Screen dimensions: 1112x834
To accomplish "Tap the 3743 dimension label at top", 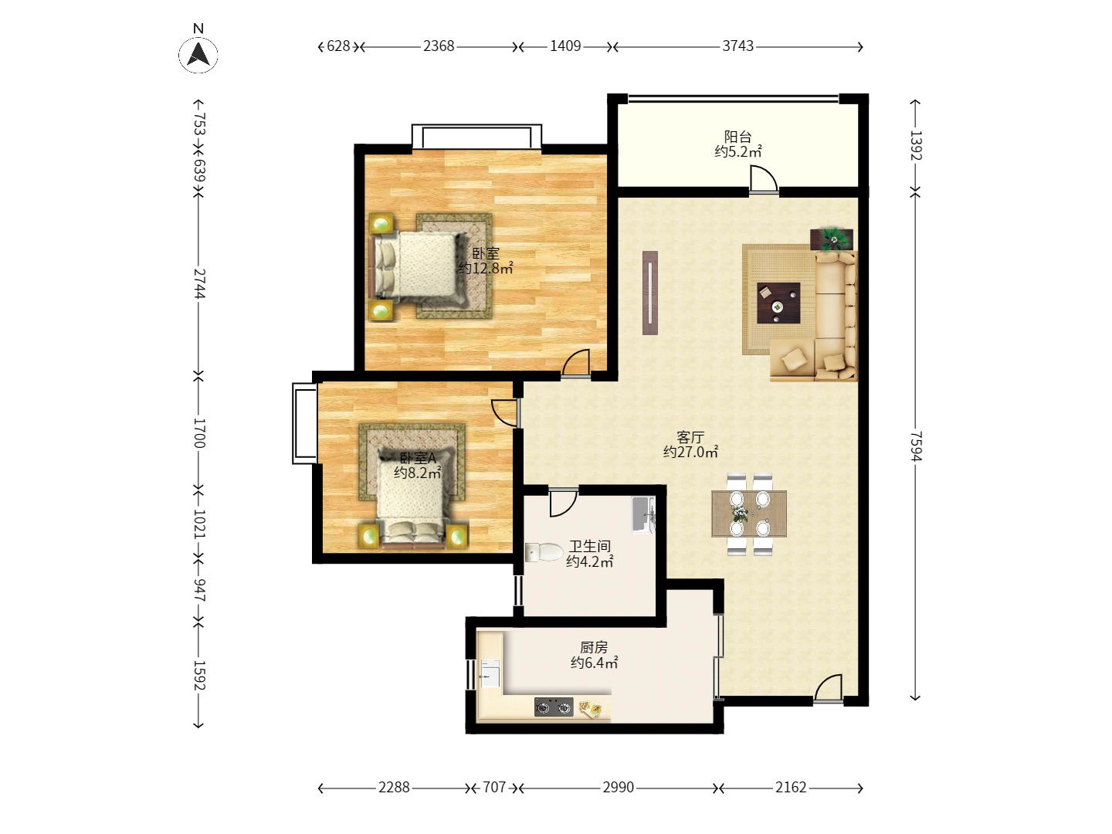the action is point(737,46).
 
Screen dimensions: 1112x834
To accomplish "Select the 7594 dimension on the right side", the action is point(916,446).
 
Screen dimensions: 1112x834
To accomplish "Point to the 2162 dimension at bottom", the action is point(790,787).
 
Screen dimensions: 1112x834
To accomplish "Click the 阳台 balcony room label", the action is point(737,137).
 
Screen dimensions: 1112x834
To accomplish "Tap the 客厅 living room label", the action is point(690,436).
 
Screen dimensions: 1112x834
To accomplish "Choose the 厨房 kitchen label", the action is point(594,647).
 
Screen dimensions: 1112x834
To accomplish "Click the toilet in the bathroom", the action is point(544,552).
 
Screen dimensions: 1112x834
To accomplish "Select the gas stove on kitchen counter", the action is point(554,707).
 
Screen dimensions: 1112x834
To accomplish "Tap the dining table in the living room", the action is point(749,514).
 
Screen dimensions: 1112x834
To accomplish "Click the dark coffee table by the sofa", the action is point(778,303).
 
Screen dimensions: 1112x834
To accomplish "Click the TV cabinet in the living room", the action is point(650,293).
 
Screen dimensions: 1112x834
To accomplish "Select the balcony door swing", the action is point(764,180).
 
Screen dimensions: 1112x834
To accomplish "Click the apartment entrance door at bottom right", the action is point(828,689).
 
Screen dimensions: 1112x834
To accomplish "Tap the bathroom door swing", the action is point(564,503).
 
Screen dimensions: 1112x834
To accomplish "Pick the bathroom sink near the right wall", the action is point(643,514).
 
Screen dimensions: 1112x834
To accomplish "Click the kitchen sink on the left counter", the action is point(490,673).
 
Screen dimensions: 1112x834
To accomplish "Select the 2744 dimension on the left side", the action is point(199,283).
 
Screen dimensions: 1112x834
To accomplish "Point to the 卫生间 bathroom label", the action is point(590,546).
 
